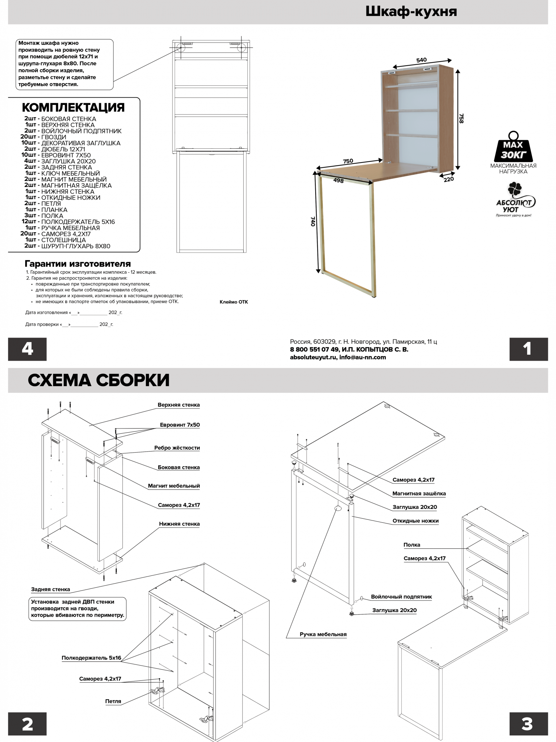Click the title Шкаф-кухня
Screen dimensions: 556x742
411,12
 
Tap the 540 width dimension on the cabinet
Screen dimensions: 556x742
421,60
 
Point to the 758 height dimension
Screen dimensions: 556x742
461,118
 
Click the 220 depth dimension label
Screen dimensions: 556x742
449,179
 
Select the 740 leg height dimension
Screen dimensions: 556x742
313,221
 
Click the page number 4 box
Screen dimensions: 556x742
27,349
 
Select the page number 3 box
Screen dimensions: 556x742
529,724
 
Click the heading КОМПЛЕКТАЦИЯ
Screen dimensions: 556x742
73,108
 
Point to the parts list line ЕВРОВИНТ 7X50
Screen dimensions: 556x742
56,155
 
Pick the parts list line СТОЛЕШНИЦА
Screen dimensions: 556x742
56,240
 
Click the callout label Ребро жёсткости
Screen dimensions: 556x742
177,448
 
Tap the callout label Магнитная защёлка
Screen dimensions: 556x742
419,493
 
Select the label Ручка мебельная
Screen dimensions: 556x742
323,634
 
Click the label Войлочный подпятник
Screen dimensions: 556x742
401,597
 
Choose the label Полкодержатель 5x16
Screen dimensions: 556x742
91,658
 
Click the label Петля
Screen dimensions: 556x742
113,701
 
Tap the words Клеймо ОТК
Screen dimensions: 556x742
234,302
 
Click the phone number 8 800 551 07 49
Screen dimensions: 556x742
315,349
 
